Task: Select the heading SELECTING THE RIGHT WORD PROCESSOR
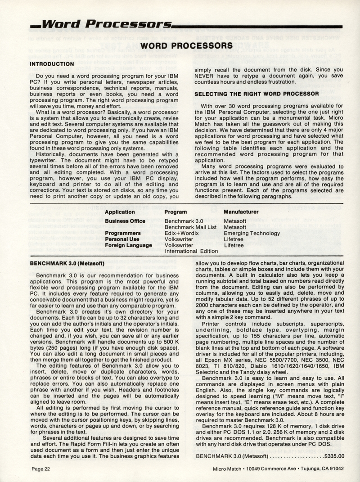click(256, 94)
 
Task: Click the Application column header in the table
click(120, 212)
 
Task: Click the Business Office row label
click(125, 221)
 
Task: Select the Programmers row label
click(123, 233)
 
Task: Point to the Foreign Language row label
click(128, 246)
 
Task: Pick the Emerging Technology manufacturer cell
click(252, 234)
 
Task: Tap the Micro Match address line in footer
click(279, 469)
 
